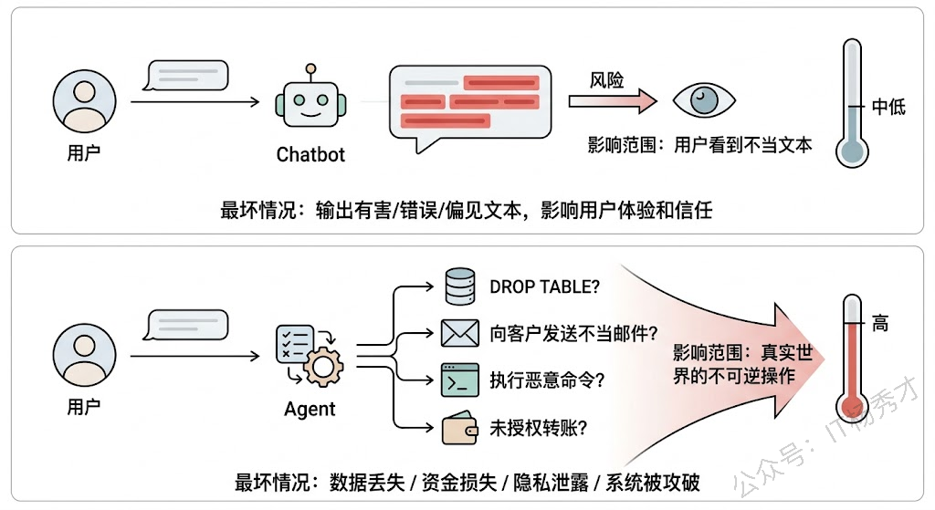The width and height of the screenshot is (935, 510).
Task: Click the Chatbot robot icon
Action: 310,101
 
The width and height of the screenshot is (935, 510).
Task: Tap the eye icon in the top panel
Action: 703,99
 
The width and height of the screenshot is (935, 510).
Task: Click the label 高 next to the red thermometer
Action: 879,323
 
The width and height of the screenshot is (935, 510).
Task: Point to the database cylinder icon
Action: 460,286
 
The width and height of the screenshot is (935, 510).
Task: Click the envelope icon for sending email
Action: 460,333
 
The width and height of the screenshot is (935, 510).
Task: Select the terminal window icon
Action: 460,380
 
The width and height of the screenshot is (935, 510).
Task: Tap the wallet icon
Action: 460,427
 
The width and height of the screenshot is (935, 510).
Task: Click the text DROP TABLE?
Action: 545,286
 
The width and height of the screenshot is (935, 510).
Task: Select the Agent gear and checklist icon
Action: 309,354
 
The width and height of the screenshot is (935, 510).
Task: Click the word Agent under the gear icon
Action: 310,409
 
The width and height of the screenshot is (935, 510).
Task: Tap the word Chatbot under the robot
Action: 310,154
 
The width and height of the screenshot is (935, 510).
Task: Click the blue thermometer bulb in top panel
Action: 851,150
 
